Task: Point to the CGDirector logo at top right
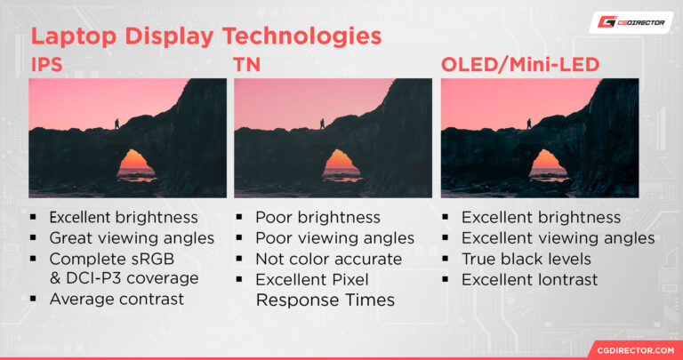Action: (x=631, y=22)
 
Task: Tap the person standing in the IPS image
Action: (x=116, y=124)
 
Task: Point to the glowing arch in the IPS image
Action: (x=135, y=163)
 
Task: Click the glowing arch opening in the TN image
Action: (x=341, y=163)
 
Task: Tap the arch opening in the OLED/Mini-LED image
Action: (x=547, y=163)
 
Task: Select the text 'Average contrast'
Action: (x=117, y=299)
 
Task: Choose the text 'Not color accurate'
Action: (x=328, y=259)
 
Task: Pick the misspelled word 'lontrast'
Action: (x=566, y=280)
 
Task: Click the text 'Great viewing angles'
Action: (x=132, y=238)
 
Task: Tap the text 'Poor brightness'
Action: (x=317, y=218)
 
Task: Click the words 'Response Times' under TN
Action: (x=325, y=300)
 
